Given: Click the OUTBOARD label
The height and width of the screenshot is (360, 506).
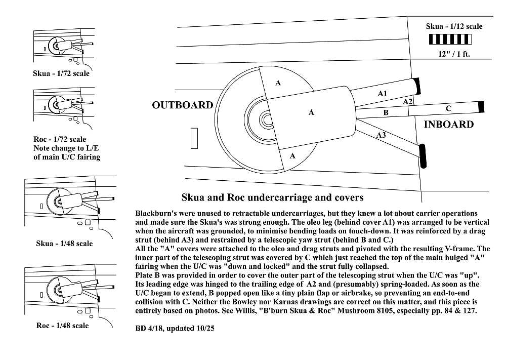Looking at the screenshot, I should click(183, 105).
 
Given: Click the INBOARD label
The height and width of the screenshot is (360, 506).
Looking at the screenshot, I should click(448, 125).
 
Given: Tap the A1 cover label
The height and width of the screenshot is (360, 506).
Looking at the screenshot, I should click(383, 94).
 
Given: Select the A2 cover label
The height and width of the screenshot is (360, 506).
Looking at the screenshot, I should click(408, 102).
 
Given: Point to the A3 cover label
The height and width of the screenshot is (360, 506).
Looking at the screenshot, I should click(381, 135).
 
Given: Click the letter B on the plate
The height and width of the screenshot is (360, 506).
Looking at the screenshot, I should click(386, 113).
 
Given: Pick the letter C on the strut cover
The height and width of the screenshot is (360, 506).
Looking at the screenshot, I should click(448, 108).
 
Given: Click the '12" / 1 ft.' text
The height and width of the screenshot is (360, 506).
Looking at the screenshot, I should click(454, 54).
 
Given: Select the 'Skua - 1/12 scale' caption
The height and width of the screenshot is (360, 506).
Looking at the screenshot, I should click(454, 26).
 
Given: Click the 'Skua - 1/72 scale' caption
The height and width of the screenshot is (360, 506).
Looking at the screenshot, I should click(61, 73).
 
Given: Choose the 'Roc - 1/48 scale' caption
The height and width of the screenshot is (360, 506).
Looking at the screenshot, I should click(62, 326).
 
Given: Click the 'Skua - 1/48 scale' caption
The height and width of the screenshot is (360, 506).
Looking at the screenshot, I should click(64, 244).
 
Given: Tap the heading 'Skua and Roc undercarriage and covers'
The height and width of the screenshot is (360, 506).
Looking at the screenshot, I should click(272, 197).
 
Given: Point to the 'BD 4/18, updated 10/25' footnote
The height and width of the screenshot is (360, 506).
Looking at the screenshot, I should click(175, 328).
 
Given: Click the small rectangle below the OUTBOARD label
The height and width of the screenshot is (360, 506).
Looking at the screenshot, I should click(194, 139).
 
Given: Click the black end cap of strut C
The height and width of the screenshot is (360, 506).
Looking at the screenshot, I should click(481, 106).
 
